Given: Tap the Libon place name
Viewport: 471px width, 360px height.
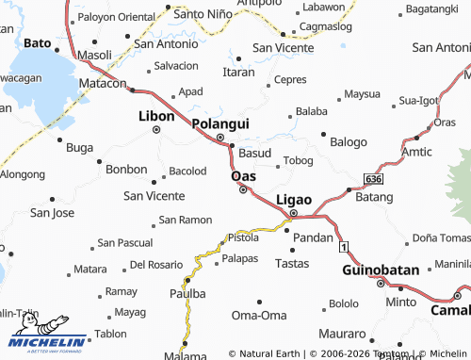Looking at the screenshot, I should tap(156, 116).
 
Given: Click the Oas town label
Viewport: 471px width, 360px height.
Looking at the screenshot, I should tap(243, 176).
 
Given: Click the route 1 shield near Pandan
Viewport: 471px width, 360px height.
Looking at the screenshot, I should tap(345, 246).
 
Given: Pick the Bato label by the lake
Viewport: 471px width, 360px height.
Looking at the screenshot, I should tap(37, 43).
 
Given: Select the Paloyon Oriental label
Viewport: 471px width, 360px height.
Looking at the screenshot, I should tap(116, 17).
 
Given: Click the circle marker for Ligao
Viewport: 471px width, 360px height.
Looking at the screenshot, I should tap(293, 212).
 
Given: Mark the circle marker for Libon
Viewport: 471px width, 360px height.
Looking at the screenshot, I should tap(156, 130).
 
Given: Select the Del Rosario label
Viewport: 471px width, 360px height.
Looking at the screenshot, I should tap(155, 265).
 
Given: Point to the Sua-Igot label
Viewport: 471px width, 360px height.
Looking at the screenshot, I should tap(419, 100).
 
